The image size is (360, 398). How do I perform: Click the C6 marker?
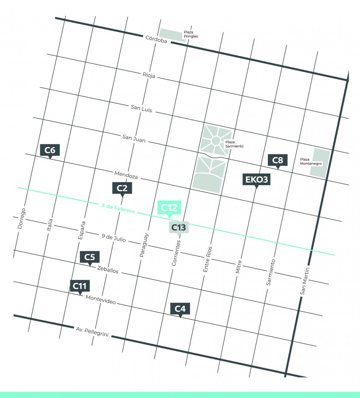50,150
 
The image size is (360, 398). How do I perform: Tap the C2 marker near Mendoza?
122,188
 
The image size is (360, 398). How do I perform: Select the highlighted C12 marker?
170,208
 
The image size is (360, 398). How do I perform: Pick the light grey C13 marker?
179,227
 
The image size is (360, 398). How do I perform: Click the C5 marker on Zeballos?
90,257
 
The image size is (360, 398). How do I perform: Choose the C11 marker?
80,286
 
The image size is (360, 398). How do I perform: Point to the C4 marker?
180,309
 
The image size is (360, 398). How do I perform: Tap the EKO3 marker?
256,180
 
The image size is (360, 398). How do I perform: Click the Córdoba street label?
156,40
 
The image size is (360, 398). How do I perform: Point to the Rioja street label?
149,76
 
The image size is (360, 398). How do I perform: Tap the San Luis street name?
141,108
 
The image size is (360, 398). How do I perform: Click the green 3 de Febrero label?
118,209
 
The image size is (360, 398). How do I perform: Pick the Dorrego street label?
22,218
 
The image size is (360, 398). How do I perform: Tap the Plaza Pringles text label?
190,34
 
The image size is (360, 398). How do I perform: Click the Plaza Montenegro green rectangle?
321,163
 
